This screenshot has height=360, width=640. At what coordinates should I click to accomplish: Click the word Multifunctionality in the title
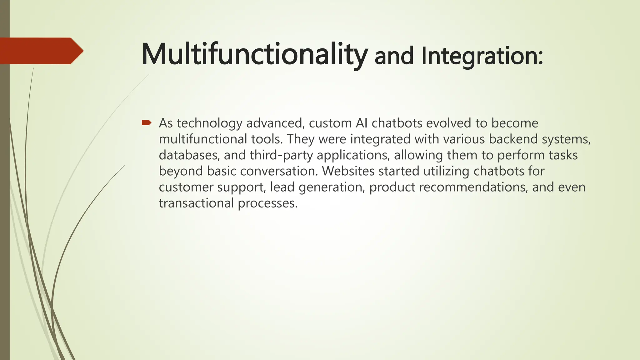click(x=254, y=54)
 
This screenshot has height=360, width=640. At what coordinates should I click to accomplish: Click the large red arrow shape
click(x=41, y=51)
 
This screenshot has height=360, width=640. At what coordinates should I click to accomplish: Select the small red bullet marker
click(x=146, y=122)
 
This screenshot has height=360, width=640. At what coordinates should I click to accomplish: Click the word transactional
click(x=196, y=203)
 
